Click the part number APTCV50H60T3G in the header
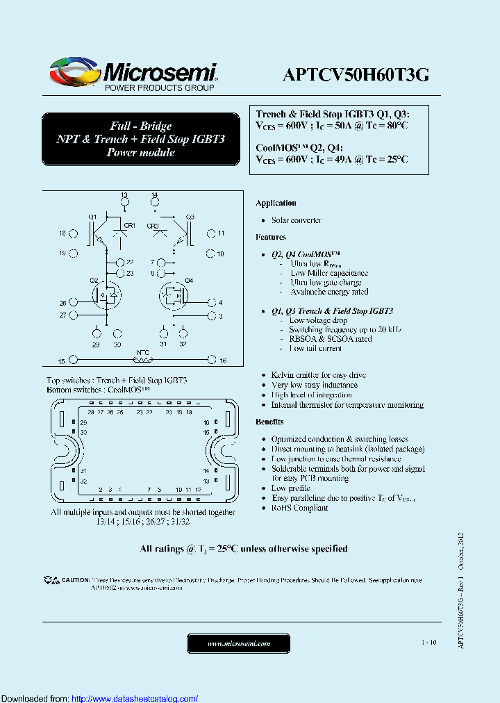coord(356,74)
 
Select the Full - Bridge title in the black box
coord(141,126)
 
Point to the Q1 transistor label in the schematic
coord(92,217)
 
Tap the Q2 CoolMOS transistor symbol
coord(106,295)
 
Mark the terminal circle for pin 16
coord(212,361)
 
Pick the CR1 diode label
coord(129,225)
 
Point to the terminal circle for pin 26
coord(73,303)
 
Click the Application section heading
coord(276,203)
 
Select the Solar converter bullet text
coord(297,220)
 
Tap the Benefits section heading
coord(269,422)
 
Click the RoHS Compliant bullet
coord(299,508)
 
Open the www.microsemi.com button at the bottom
coord(239,643)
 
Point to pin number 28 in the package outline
coord(91,412)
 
